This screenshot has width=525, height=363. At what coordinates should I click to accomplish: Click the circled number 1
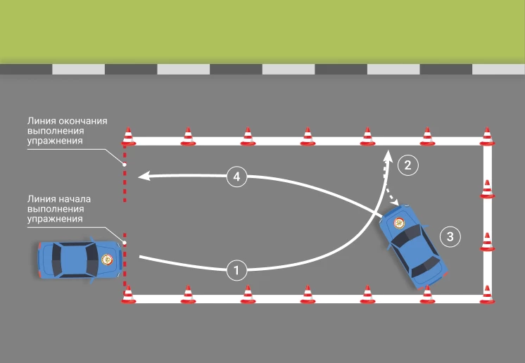237,269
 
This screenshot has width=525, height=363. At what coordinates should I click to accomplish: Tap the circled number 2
407,165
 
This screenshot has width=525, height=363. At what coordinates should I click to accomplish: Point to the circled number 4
237,177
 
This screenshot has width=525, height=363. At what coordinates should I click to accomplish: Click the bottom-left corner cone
128,294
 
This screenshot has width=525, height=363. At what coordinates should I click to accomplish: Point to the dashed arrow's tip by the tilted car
402,205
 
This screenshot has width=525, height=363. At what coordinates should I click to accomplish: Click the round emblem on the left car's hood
107,259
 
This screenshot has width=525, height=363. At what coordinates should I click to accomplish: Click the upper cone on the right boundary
486,190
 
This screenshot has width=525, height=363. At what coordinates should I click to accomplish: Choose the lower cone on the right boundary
486,241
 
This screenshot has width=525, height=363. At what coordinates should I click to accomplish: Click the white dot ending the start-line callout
125,243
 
